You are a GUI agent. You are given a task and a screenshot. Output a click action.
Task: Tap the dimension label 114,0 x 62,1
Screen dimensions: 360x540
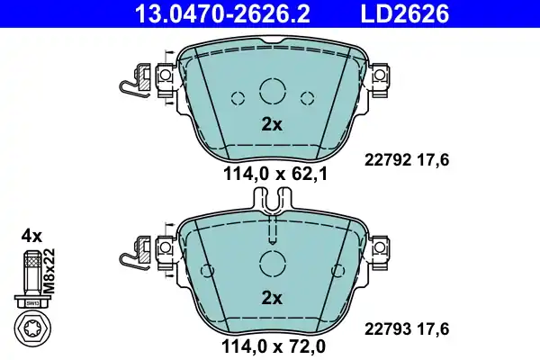pos(271,176)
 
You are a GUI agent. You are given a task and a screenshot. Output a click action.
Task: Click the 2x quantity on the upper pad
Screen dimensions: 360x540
pos(271,125)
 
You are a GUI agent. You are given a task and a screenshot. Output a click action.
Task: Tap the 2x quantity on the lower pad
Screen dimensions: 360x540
pos(271,296)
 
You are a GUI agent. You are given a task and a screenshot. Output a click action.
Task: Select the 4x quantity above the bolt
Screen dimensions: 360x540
pos(31,236)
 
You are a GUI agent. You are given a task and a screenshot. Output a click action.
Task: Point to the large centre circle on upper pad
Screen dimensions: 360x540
pos(272,91)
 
